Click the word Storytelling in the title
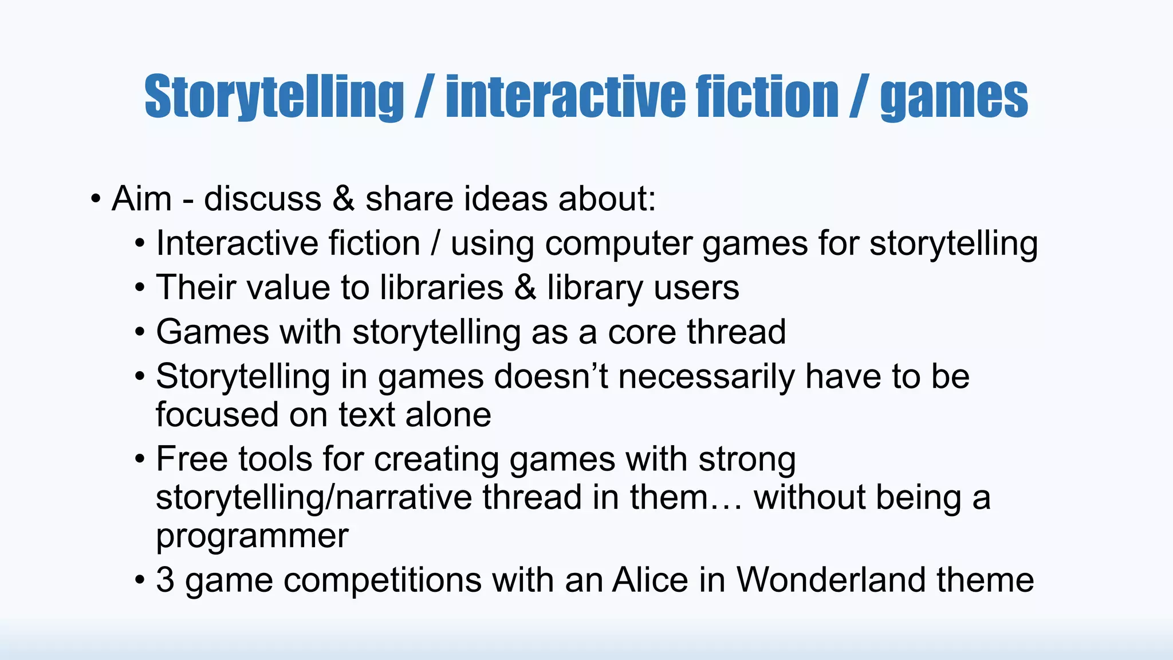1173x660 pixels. click(274, 97)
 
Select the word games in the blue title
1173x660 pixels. click(954, 99)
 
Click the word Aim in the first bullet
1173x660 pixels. click(141, 199)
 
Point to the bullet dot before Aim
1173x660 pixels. click(96, 200)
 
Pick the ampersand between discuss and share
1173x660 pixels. click(343, 199)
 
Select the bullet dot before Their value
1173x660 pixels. click(140, 288)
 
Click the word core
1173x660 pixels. click(641, 332)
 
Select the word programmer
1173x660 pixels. click(252, 537)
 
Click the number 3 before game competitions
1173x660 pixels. click(165, 580)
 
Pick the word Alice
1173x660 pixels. click(650, 580)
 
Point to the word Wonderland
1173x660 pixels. click(831, 580)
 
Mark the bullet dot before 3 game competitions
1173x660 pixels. click(140, 581)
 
